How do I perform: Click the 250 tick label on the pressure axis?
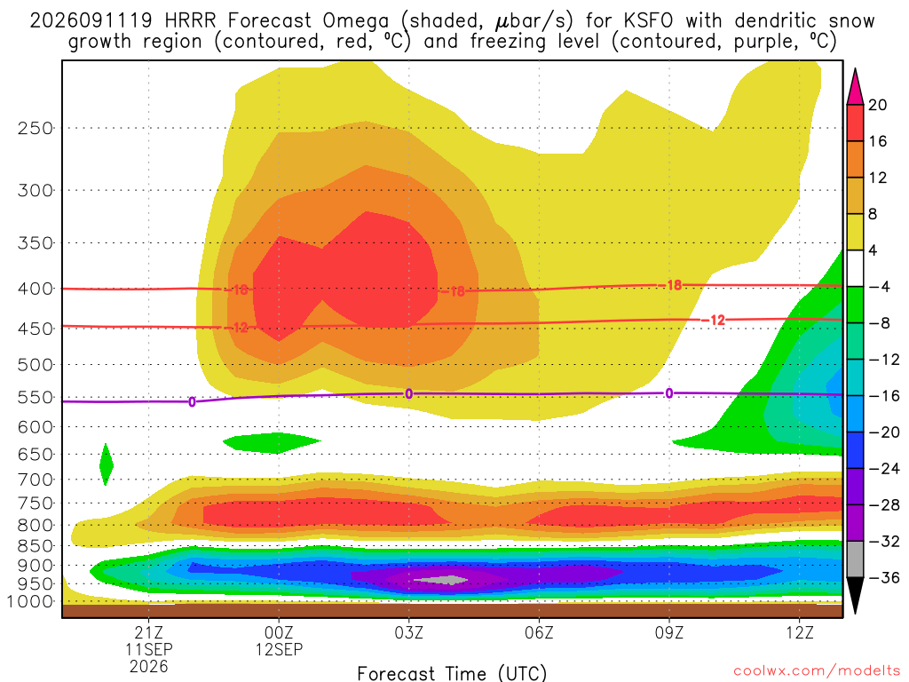click(x=36, y=128)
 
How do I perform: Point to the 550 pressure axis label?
click(x=36, y=398)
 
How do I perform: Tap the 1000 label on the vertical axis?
click(x=31, y=601)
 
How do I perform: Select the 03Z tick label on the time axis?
click(x=408, y=632)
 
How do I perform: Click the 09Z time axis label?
click(x=669, y=632)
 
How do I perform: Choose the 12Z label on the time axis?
click(x=800, y=632)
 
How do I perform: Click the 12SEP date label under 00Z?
click(x=279, y=649)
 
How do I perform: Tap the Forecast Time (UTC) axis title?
click(x=452, y=673)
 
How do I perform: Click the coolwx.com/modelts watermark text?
click(x=817, y=671)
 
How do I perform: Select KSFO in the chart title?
click(x=648, y=21)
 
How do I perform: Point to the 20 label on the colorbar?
click(x=877, y=105)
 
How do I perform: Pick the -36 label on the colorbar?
click(x=883, y=577)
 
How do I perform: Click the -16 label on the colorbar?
click(x=883, y=396)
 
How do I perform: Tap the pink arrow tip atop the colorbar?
click(x=855, y=69)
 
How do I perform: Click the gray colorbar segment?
click(x=855, y=559)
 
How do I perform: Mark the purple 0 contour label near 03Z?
click(x=408, y=394)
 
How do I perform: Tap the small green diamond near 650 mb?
click(x=107, y=464)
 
